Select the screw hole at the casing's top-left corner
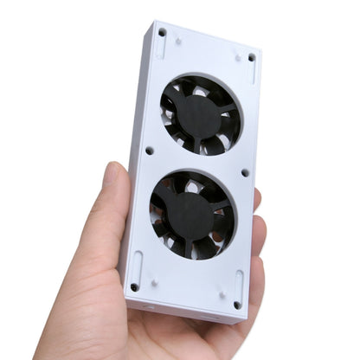pos(162,33)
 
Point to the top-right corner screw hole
pos(252,57)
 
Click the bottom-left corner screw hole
pos(134,286)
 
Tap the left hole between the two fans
pos(149,151)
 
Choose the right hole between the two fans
pos(245,172)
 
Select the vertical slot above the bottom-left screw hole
pos(136,264)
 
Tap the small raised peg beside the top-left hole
pos(177,40)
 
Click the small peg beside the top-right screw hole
pos(236,57)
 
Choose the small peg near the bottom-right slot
pos(222,294)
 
